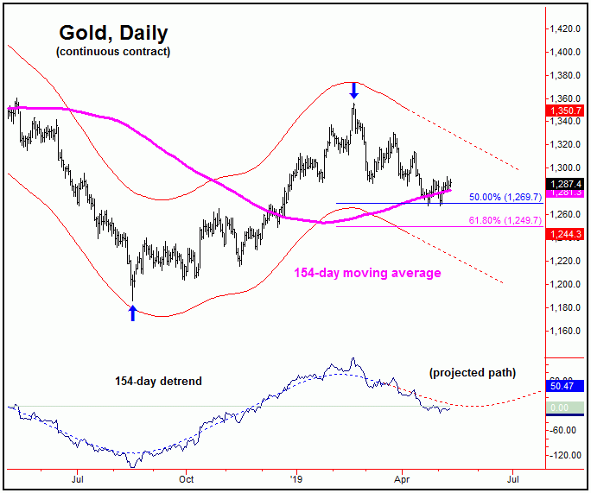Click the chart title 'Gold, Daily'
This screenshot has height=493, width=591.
pos(113,34)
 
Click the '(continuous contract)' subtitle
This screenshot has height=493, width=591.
pos(113,52)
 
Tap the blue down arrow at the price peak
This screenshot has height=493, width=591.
pos(354,89)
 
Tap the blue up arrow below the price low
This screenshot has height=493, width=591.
pos(132,313)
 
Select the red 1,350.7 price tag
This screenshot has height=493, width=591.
pos(566,111)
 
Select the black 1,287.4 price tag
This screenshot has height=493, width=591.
pos(566,183)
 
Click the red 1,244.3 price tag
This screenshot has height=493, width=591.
pos(566,234)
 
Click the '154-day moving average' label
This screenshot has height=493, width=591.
pos(367,273)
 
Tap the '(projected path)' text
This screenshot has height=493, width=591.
pos(472,373)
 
